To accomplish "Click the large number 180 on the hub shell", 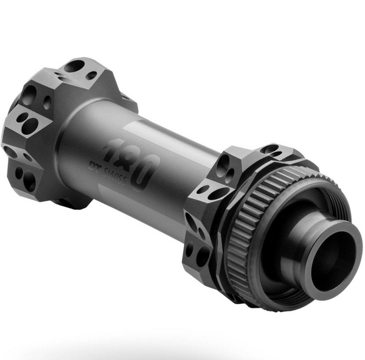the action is click(x=131, y=163).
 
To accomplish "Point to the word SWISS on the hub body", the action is click(x=115, y=176).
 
